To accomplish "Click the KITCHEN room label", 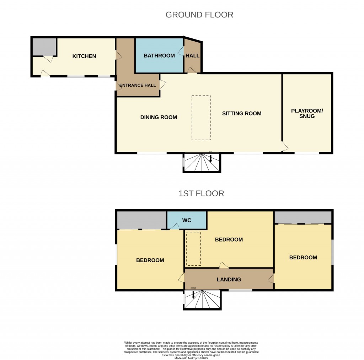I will [84, 56].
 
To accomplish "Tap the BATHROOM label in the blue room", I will [159, 55].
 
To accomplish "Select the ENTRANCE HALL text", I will [138, 85].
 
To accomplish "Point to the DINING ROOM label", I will [159, 117].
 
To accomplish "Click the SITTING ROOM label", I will [242, 113].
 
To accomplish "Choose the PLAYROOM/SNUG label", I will [307, 113].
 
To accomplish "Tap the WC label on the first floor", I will [187, 221].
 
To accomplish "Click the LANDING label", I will [229, 280].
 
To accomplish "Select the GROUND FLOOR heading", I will [199, 15].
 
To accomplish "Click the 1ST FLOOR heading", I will [201, 194].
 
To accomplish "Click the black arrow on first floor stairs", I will [193, 295].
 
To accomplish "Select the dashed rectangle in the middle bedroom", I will [194, 249].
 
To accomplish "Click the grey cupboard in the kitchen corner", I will [44, 47].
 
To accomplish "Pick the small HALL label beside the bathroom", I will [193, 55].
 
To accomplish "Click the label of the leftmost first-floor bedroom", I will [150, 260].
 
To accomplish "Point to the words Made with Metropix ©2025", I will [191, 358].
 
